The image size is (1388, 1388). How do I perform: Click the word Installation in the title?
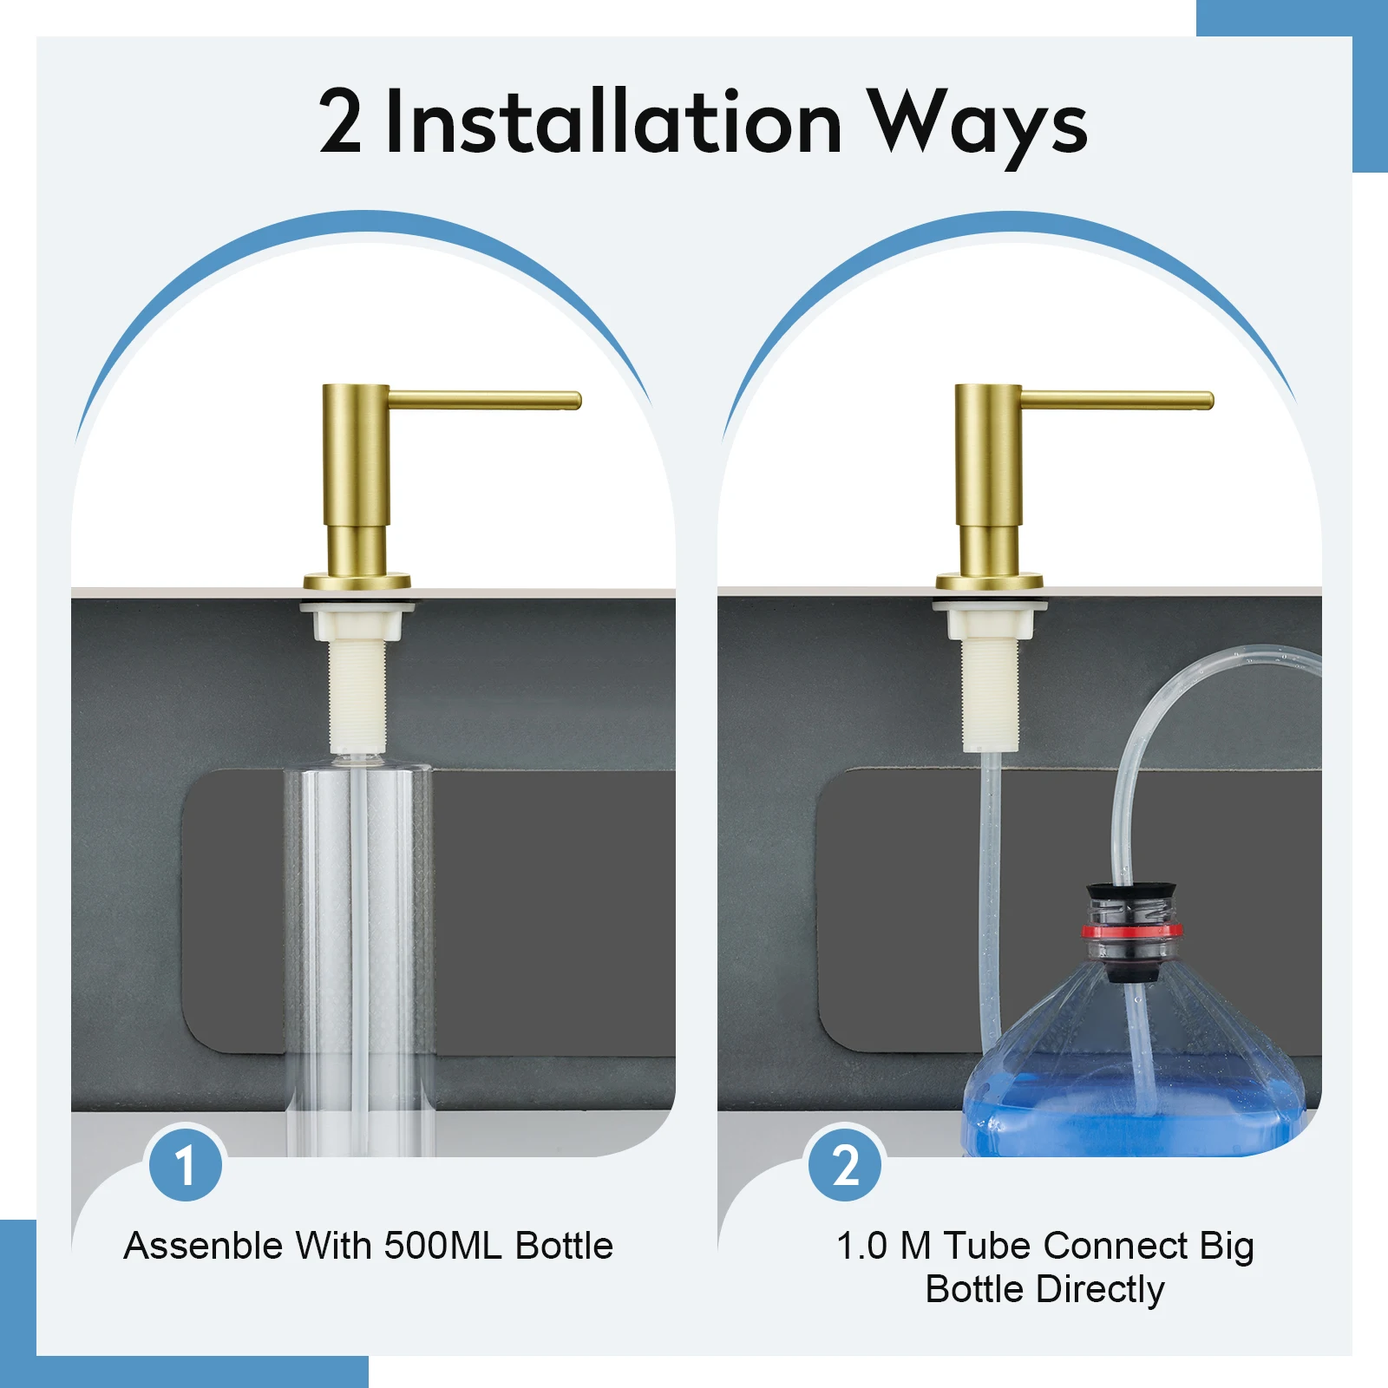[x=613, y=122]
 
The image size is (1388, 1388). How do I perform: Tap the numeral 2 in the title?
[x=339, y=122]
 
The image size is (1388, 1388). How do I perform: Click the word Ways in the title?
[x=978, y=122]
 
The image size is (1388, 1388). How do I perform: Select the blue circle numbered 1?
[x=185, y=1165]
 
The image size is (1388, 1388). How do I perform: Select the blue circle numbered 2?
[x=845, y=1165]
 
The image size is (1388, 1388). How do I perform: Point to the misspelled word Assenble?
[x=203, y=1246]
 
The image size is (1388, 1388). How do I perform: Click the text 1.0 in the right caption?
[x=861, y=1246]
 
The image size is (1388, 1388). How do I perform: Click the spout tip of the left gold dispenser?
[x=575, y=401]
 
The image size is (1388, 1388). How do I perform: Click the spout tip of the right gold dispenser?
[x=1208, y=401]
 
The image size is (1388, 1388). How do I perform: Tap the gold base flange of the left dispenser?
[x=357, y=581]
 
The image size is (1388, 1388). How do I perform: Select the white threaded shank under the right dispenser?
[x=989, y=694]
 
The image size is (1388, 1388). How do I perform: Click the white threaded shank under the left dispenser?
[x=357, y=694]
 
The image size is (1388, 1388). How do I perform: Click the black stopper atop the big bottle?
[x=1131, y=893]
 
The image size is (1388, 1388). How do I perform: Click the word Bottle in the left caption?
[x=564, y=1246]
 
